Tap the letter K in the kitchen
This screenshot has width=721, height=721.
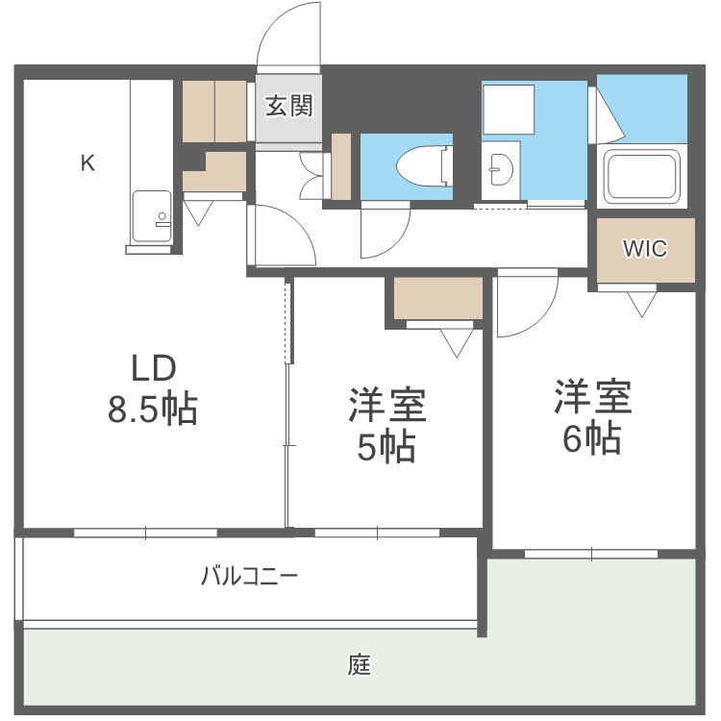[87, 163]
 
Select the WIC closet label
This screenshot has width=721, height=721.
[644, 248]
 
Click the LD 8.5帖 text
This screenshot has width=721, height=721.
[152, 389]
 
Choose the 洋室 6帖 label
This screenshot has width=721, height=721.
[591, 416]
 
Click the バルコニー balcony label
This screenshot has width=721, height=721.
[249, 577]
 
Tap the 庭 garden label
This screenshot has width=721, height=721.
[360, 664]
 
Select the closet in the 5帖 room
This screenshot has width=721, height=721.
[438, 299]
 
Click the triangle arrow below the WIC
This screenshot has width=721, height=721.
[641, 303]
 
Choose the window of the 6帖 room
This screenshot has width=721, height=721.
[591, 553]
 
